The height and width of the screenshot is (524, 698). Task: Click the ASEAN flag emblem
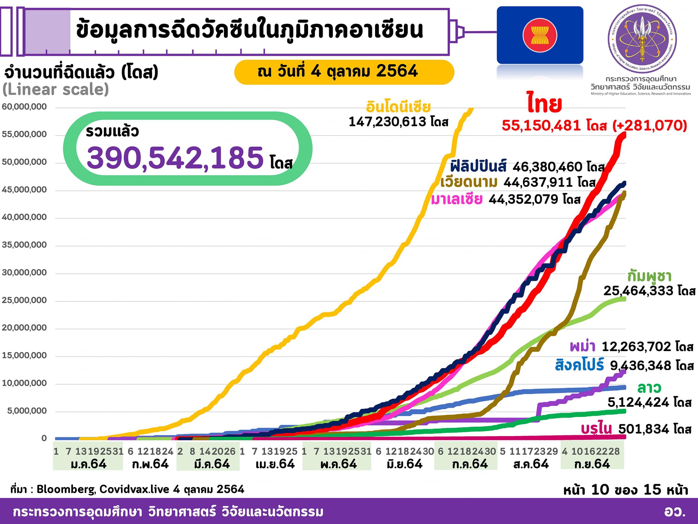(540, 35)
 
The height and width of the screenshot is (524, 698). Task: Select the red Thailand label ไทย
(544, 104)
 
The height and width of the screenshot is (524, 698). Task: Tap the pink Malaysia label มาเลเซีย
(457, 199)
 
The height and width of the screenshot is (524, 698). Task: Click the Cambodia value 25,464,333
(638, 291)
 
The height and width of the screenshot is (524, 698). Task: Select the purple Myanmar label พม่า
(582, 347)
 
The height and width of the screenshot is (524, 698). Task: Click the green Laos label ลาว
(649, 388)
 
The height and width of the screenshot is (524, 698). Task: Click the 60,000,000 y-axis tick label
(24, 107)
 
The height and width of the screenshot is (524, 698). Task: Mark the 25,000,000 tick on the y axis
(24, 300)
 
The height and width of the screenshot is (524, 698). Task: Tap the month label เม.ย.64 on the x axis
(275, 464)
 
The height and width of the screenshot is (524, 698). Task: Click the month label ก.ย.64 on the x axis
(592, 464)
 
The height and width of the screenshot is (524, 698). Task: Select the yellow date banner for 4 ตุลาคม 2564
(344, 72)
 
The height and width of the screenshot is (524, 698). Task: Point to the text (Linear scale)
(56, 89)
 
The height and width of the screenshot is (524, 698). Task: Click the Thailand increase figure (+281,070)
(650, 126)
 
